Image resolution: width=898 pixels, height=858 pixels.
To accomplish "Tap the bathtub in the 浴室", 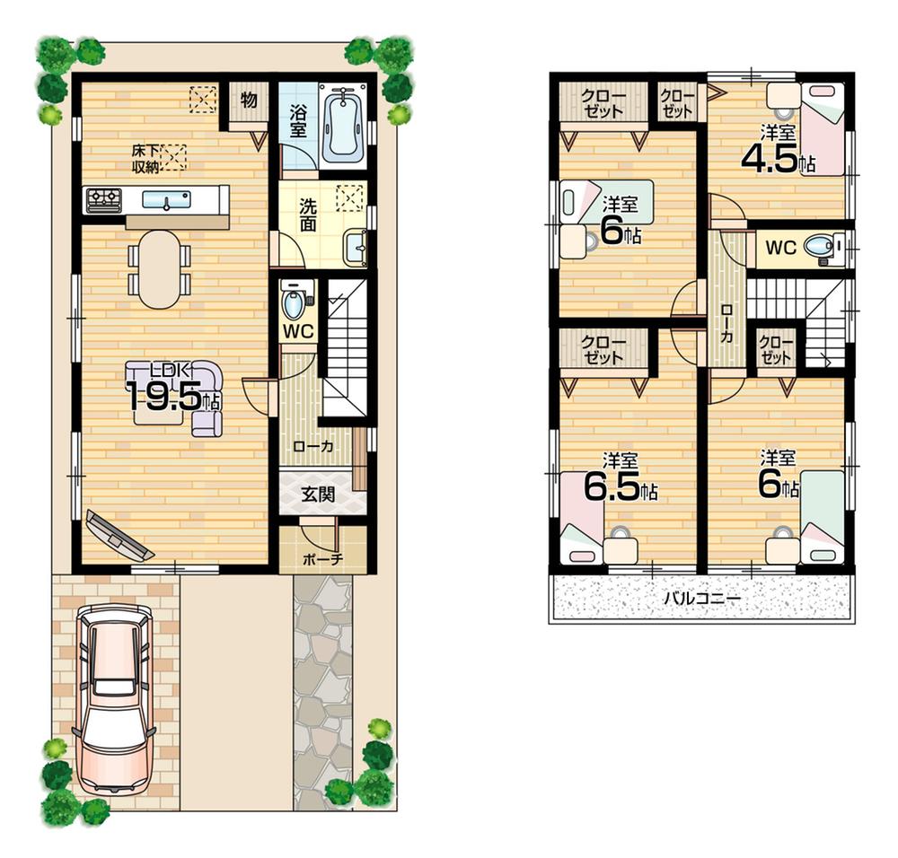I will click(x=342, y=126).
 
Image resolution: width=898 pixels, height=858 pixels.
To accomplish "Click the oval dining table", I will click(x=160, y=267).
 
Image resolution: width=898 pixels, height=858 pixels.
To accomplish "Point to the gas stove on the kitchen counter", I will click(x=103, y=199).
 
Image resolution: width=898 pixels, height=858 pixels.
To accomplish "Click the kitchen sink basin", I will click(x=166, y=199).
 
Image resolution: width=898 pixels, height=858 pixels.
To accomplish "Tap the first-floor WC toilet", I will click(x=295, y=302).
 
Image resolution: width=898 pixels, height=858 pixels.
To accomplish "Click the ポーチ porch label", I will click(x=321, y=558).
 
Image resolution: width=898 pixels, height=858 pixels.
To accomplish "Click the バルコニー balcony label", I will click(x=701, y=597).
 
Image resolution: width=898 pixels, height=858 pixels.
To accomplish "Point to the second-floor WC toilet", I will click(x=819, y=247).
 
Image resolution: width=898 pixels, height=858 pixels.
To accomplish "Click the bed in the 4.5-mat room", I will click(x=822, y=127).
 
